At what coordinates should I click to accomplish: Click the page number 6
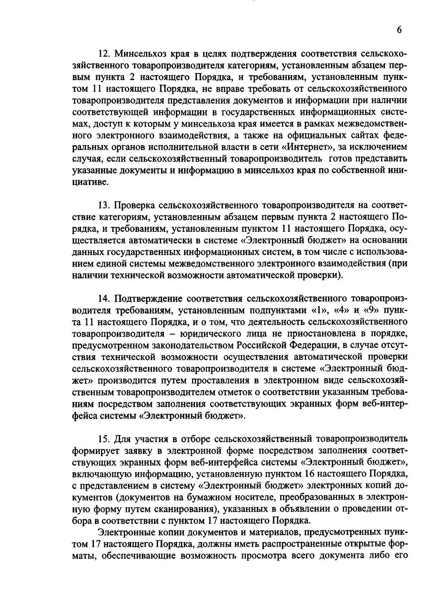399,30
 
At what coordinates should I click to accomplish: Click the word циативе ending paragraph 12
90,182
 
